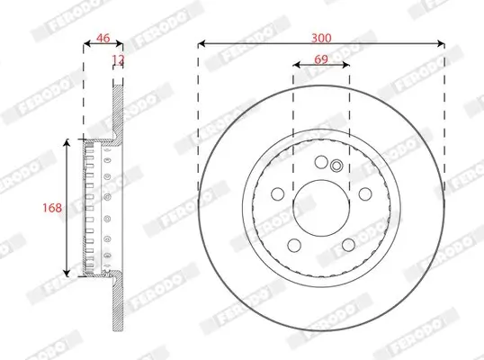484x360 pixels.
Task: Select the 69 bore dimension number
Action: (x=321, y=58)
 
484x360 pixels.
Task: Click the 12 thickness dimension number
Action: (x=116, y=60)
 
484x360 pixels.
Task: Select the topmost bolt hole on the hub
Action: (x=320, y=161)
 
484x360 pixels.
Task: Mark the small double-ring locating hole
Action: (x=336, y=165)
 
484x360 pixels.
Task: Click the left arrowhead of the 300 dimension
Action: (x=201, y=43)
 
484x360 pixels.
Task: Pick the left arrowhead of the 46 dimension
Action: (x=85, y=43)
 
